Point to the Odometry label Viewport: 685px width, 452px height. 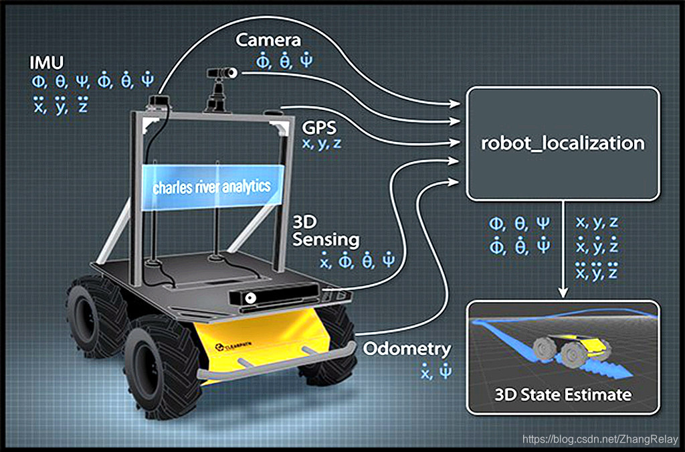pos(407,349)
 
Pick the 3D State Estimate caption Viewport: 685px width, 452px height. pos(563,394)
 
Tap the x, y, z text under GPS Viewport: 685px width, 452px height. pos(321,143)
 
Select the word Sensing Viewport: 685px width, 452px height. pos(326,240)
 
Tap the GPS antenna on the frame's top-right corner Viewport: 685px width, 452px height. pos(273,112)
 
